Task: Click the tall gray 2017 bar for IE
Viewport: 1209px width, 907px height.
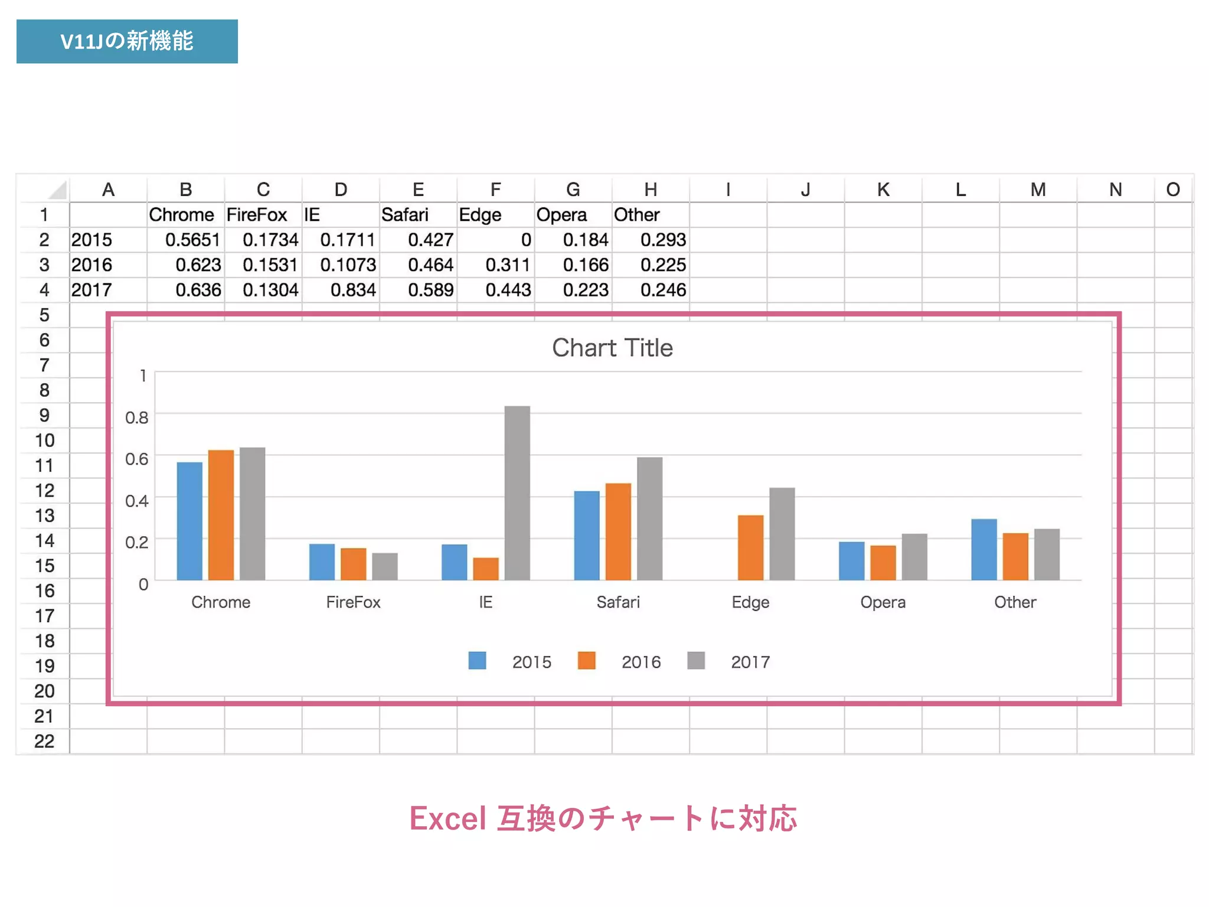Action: [517, 493]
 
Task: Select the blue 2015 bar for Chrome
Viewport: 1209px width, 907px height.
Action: [189, 521]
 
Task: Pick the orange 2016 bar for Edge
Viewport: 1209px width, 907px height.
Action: [750, 547]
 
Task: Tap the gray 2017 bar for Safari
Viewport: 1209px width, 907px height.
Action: [649, 518]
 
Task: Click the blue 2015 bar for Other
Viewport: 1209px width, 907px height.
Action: [984, 549]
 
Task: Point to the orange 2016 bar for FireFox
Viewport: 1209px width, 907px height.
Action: [354, 564]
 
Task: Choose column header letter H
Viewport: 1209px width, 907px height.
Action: [651, 190]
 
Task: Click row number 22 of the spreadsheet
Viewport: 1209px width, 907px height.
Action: [44, 741]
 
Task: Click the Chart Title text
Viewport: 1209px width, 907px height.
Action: [612, 348]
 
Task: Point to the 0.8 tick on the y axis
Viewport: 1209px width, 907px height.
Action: [136, 417]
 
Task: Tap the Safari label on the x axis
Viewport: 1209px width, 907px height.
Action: [617, 602]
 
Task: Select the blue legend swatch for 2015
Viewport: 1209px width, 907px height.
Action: [477, 661]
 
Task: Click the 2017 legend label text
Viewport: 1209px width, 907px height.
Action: [750, 662]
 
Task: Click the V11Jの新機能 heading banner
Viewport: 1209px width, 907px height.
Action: [127, 41]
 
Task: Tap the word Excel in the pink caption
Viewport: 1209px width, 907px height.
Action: [447, 818]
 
